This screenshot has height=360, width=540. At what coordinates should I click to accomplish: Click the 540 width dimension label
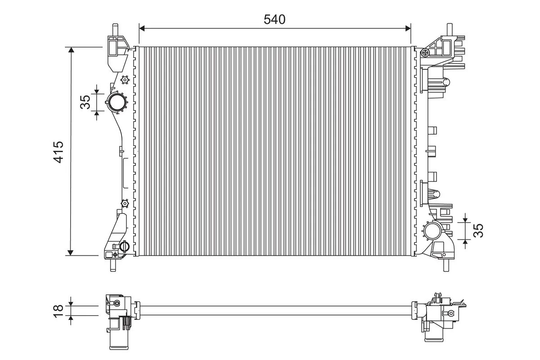click(274, 19)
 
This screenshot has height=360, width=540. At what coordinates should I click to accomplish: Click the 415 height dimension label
click(58, 152)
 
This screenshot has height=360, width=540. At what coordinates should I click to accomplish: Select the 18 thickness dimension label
click(58, 311)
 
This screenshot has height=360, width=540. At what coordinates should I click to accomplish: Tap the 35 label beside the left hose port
click(85, 102)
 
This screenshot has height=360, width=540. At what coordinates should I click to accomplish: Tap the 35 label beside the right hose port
click(478, 230)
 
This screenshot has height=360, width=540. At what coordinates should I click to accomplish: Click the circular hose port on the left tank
click(117, 102)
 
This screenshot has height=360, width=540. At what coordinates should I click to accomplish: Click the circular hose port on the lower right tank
click(432, 231)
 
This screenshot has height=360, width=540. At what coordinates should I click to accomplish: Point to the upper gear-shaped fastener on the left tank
click(125, 80)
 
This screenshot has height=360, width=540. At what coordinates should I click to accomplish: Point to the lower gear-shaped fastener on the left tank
click(125, 203)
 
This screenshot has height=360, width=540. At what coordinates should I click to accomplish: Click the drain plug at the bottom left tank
click(124, 247)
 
